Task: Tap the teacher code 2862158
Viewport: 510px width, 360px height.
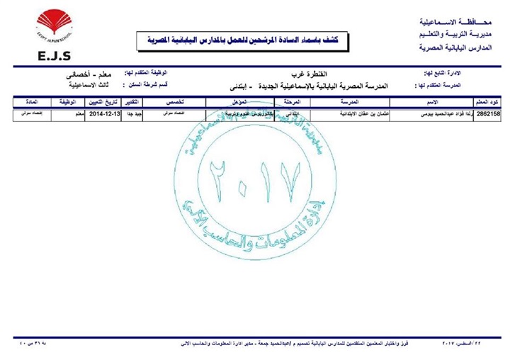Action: [490, 113]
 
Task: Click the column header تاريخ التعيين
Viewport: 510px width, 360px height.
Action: [102, 103]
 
